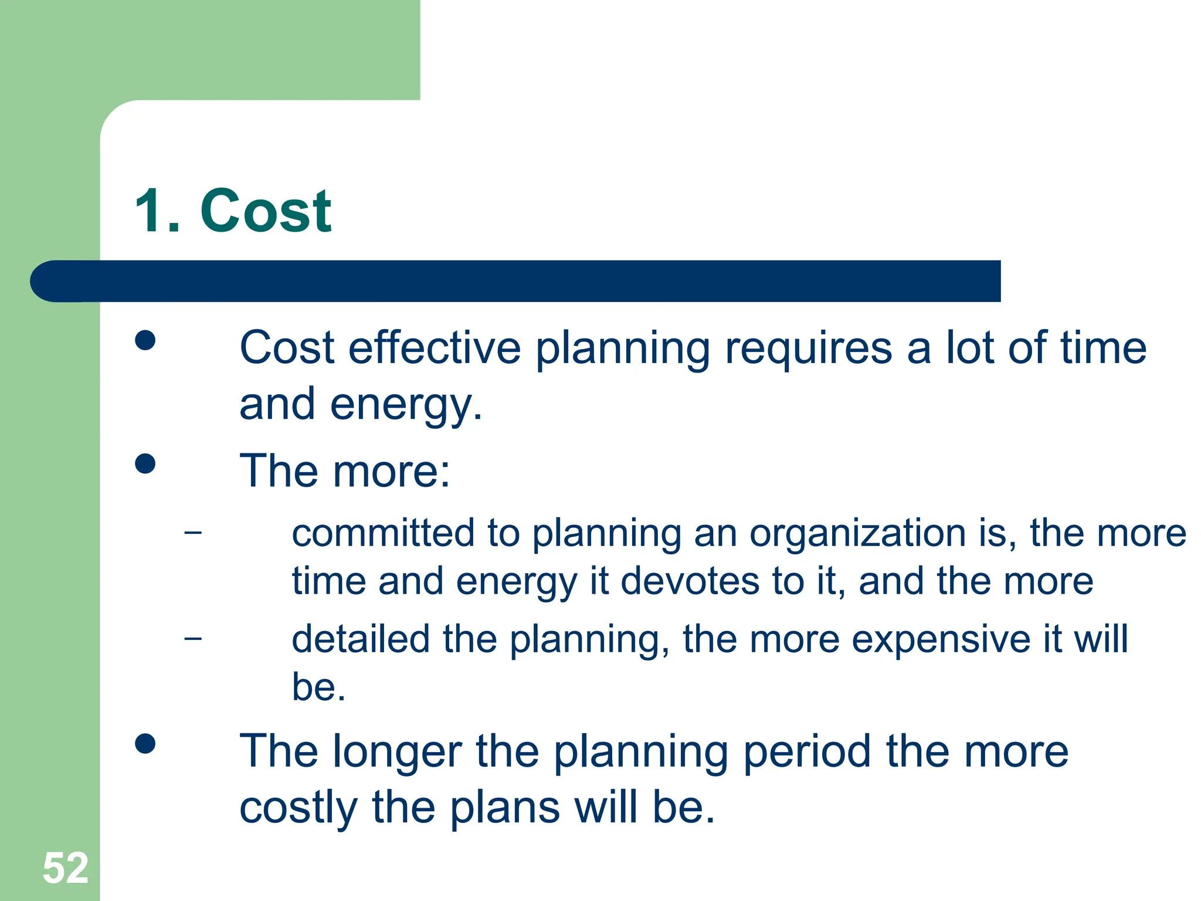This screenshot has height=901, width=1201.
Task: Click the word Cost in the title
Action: point(266,211)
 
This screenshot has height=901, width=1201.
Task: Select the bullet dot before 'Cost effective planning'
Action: point(145,340)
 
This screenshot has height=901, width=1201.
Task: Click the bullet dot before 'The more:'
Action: point(145,463)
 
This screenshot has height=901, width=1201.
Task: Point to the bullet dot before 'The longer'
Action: point(145,744)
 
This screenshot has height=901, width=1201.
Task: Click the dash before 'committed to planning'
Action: point(192,533)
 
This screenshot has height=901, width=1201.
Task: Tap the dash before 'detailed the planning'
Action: point(192,638)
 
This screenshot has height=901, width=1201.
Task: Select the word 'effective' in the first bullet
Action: point(435,348)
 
